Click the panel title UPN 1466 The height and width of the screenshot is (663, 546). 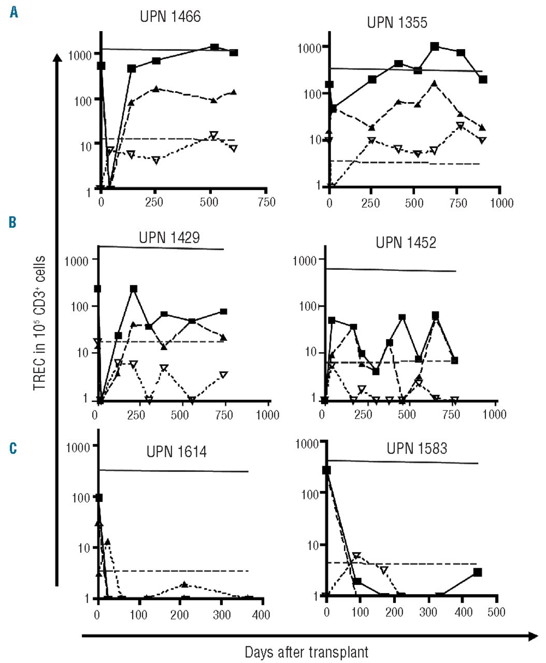point(170,17)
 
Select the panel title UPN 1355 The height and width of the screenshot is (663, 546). point(397,23)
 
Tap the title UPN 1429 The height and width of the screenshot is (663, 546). point(169,238)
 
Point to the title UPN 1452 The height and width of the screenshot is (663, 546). point(406,242)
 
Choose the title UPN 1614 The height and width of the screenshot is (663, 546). point(177,452)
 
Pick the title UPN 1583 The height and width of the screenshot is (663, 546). point(416,448)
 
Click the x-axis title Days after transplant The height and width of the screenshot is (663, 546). point(307,652)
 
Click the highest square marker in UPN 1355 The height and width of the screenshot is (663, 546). point(435,47)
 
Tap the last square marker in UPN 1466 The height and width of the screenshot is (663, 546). point(234,53)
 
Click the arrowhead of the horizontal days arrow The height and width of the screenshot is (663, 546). point(534,637)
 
